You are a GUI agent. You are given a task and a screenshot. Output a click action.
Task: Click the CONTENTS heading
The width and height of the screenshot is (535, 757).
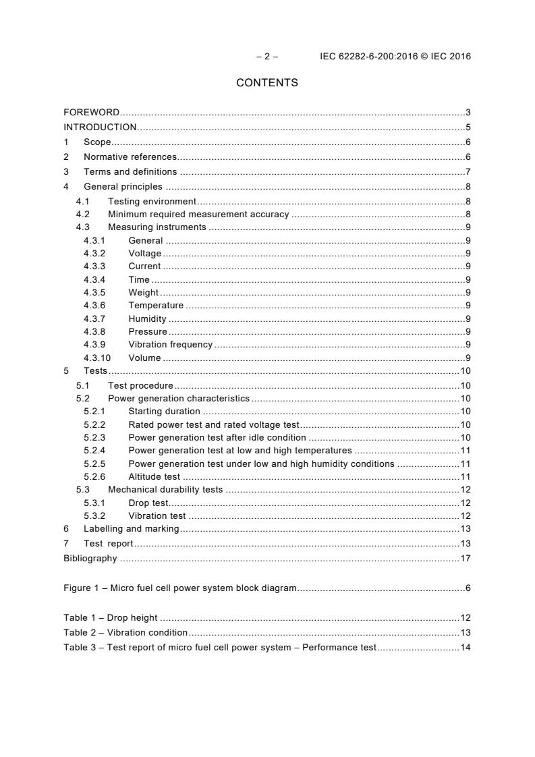[267, 83]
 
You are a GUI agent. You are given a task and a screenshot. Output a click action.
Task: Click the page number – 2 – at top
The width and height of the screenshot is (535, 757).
[267, 57]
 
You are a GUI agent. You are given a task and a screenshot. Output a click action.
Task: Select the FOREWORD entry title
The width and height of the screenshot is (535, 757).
[92, 113]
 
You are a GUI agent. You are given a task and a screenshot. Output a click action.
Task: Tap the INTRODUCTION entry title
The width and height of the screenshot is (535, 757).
[100, 127]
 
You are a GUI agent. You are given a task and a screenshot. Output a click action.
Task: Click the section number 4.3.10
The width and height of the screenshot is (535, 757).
[97, 358]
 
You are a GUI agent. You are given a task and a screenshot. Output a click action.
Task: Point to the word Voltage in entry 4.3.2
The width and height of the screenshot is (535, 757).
[145, 253]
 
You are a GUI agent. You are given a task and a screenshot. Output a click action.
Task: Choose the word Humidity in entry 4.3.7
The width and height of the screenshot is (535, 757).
[147, 318]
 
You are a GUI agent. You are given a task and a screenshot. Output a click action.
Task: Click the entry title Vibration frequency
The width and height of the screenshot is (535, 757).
[170, 345]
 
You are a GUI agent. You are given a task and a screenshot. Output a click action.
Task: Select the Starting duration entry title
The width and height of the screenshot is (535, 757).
[164, 411]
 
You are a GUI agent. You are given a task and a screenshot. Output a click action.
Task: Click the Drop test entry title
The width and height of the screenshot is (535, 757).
[148, 503]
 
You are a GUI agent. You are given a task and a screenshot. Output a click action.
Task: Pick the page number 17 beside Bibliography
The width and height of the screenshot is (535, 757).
[465, 558]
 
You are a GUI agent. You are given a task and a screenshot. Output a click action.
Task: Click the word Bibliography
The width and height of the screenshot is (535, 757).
[90, 558]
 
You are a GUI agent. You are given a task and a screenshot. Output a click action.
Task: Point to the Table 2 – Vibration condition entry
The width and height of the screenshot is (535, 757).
[125, 632]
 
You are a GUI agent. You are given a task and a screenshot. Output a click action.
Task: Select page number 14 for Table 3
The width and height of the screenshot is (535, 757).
[465, 648]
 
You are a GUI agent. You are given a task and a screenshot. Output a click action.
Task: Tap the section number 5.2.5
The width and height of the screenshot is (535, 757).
[94, 464]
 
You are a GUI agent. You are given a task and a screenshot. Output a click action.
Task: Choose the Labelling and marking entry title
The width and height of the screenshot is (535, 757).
[132, 529]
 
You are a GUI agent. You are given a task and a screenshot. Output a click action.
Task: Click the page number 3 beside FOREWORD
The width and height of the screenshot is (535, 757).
[468, 113]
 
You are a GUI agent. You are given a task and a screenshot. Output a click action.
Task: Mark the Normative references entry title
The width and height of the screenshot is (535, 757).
[130, 157]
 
